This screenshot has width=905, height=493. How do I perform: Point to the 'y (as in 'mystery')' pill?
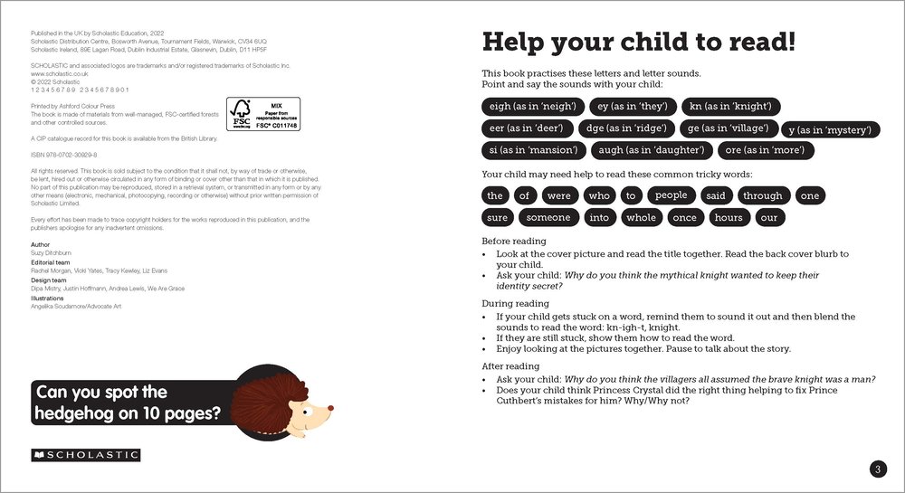click(830, 130)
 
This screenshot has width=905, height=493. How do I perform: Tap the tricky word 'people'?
click(672, 195)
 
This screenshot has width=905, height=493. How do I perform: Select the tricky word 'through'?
click(762, 195)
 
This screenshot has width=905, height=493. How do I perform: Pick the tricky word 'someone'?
click(548, 217)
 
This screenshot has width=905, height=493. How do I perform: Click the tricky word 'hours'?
click(728, 217)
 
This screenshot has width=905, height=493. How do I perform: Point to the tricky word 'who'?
click(599, 195)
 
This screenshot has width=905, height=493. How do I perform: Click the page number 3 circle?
click(877, 469)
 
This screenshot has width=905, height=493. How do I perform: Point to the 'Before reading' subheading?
click(514, 242)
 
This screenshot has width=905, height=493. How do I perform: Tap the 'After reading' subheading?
click(510, 366)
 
